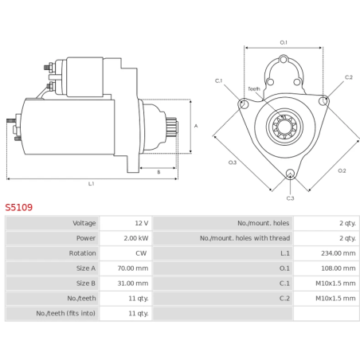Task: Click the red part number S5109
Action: [x=19, y=207]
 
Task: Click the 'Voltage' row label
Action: [x=84, y=223]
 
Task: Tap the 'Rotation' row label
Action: [x=82, y=253]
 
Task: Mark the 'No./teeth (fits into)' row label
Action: [x=66, y=314]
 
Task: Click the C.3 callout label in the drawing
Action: [x=290, y=198]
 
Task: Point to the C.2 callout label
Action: [x=348, y=77]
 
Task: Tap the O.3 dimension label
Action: [x=233, y=162]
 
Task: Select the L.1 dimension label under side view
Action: [x=91, y=184]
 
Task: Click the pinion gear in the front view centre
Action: [x=284, y=126]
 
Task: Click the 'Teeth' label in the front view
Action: [x=254, y=88]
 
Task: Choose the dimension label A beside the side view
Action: [x=196, y=126]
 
